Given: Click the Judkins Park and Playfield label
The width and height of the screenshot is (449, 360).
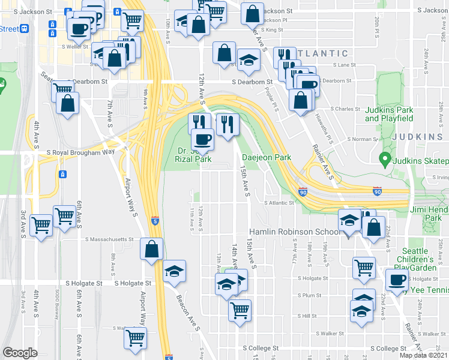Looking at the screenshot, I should pyautogui.click(x=388, y=114).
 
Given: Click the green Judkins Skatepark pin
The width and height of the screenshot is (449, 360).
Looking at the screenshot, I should pyautogui.click(x=383, y=160).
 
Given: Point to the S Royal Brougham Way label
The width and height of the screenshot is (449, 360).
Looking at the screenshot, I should pyautogui.click(x=80, y=152).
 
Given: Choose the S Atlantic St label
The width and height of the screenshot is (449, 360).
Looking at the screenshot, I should pyautogui.click(x=280, y=203).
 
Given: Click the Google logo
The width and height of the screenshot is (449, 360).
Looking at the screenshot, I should pyautogui.click(x=20, y=352).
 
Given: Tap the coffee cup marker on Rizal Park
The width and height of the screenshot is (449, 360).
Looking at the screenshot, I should pyautogui.click(x=202, y=140).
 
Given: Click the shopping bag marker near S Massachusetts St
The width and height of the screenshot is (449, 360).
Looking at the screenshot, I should pyautogui.click(x=152, y=248).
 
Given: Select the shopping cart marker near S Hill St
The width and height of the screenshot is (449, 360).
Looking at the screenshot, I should pyautogui.click(x=240, y=310).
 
